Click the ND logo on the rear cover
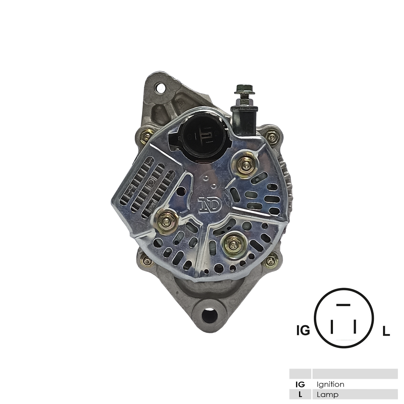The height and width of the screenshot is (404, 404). coord(210,204)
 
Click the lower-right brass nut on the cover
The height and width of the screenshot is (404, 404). coord(234,245)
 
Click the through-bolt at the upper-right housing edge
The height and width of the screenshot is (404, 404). coord(272,137)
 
